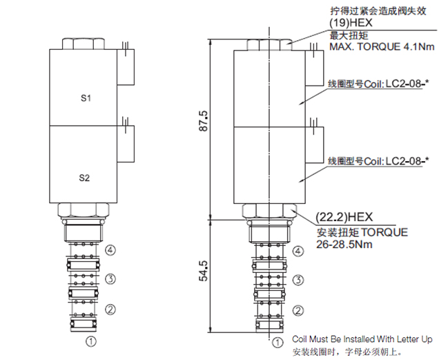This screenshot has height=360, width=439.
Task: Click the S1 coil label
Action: [86, 98]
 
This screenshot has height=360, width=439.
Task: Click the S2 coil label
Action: [84, 178]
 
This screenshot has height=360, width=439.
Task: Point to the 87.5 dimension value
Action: [204, 120]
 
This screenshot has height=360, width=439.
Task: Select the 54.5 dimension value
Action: [204, 271]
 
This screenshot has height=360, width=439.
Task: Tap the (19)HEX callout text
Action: [351, 23]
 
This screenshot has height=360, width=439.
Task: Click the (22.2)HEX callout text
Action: [344, 217]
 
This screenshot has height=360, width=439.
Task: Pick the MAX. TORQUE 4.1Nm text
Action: [382, 46]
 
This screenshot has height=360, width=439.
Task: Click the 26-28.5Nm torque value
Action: [344, 245]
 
